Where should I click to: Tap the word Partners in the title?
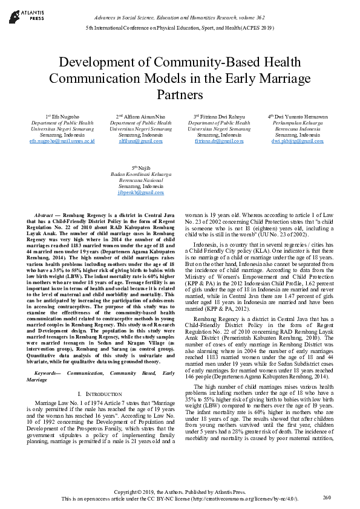[x=179, y=94]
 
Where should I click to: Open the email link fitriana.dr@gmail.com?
[x=218, y=141]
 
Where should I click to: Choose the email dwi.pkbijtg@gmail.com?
[x=297, y=141]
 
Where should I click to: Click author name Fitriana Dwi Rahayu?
[x=221, y=116]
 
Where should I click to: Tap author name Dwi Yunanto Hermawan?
[x=300, y=116]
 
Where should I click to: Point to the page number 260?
[x=327, y=497]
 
